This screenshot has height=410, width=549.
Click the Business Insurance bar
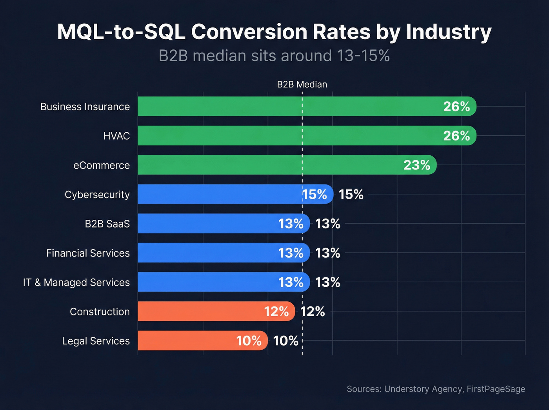coord(290,106)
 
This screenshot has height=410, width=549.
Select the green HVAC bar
coord(290,136)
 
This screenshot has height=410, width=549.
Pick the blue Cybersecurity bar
coord(220,194)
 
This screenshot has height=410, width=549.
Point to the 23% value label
coord(416,165)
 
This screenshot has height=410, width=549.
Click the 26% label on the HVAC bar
coord(456,136)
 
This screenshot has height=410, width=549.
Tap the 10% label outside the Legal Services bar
coord(285,341)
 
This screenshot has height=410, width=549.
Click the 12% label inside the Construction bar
coord(276,312)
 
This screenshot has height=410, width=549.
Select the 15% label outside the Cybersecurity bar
coord(351,195)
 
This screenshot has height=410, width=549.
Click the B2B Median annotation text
coord(302,84)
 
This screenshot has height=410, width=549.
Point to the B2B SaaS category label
coord(107,224)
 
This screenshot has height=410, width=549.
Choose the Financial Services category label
coord(88,253)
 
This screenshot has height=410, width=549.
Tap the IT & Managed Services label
coord(76,282)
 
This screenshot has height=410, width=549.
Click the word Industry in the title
coord(449,32)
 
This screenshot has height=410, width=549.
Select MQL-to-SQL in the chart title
coord(121,32)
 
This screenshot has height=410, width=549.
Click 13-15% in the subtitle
coord(363,56)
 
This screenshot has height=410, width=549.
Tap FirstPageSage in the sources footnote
coord(496,389)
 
